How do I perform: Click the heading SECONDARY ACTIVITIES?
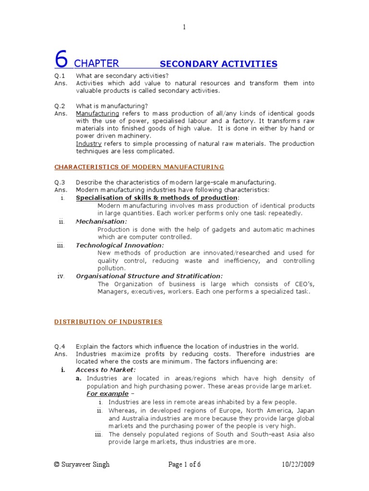pos(218,64)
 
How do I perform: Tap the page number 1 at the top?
pos(184,27)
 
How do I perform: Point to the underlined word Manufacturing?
pos(98,114)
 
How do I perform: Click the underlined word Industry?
pos(87,144)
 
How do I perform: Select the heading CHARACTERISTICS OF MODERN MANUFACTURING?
pos(139,167)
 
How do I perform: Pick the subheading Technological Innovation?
pos(113,245)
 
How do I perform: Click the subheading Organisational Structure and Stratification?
pos(149,276)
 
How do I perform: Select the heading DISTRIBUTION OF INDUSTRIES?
pos(108,322)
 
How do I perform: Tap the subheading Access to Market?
pos(106,370)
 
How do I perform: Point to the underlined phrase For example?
pos(107,394)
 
